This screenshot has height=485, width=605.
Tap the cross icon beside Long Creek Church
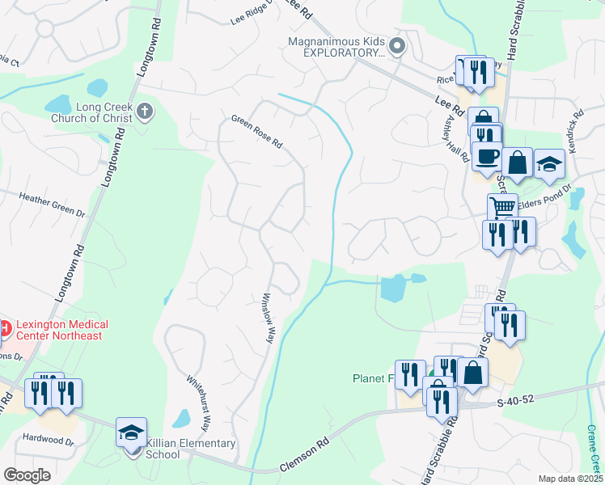click(145, 112)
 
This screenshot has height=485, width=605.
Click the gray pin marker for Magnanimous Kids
click(396, 46)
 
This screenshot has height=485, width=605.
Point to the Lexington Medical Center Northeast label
click(60, 330)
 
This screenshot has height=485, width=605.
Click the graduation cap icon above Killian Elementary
click(131, 432)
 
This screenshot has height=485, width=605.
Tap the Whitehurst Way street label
click(199, 402)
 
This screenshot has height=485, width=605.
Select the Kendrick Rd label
click(577, 129)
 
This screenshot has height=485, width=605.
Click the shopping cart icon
click(502, 207)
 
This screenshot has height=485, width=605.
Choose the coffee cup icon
click(487, 157)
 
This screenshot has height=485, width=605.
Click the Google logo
click(27, 475)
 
